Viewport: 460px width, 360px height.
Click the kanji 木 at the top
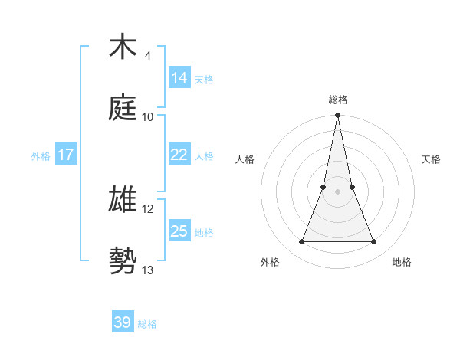pos(123,47)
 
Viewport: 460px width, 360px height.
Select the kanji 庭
pos(123,109)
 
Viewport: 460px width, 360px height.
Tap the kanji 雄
pos(123,199)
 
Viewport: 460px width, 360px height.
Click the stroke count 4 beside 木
pos(147,56)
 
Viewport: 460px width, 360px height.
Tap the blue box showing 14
pos(179,78)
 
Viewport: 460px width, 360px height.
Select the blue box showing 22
pos(179,155)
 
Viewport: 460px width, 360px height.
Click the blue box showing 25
pos(179,231)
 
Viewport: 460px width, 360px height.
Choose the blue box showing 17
pos(66,155)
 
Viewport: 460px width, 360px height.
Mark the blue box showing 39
pos(123,322)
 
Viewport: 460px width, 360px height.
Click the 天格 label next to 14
pos(204,79)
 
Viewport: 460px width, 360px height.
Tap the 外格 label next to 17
pos(41,155)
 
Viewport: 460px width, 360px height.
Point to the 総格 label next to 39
pos(147,323)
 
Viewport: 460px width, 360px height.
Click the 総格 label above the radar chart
pos(338,100)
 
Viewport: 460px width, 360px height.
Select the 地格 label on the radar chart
pos(402,262)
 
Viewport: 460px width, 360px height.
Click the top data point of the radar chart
pos(338,116)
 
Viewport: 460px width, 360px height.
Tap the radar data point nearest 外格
pos(302,242)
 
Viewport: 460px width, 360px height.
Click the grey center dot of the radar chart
pos(338,191)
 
